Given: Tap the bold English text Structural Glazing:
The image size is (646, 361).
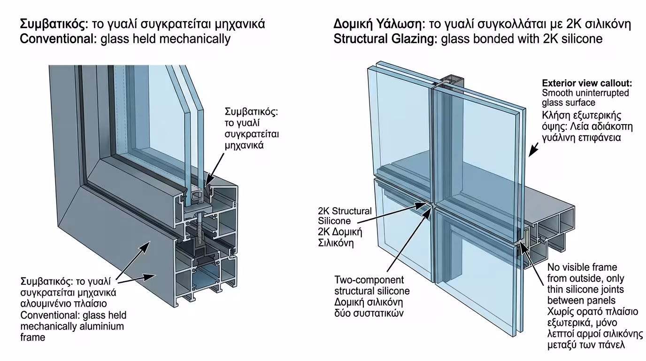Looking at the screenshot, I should click(x=385, y=39).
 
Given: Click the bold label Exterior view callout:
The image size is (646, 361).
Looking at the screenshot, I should click(x=587, y=83).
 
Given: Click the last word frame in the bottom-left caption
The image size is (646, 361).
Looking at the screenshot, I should click(x=33, y=337).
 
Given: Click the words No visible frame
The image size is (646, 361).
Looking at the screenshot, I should click(x=582, y=267).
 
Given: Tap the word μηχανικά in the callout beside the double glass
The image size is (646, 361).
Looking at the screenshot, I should click(x=244, y=145).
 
